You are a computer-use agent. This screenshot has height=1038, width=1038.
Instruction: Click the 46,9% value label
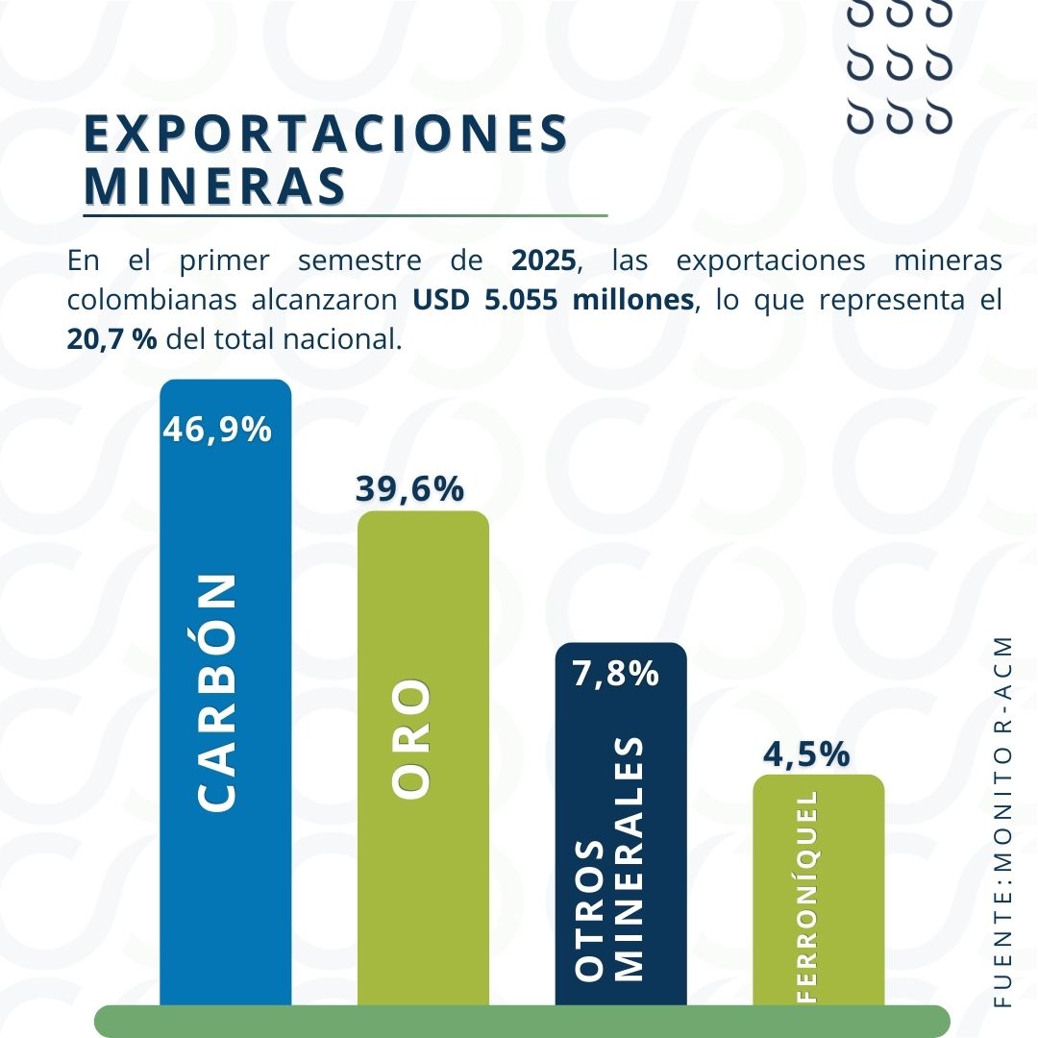(x=217, y=430)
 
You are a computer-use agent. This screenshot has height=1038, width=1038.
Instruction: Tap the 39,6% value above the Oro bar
(x=409, y=489)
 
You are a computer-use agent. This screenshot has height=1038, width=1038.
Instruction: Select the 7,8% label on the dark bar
(x=615, y=674)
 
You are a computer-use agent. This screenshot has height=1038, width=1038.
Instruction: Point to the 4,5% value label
(x=805, y=754)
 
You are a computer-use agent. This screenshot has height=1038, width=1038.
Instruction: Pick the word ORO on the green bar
(x=413, y=739)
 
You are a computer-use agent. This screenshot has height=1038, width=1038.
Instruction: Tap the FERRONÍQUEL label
(x=807, y=897)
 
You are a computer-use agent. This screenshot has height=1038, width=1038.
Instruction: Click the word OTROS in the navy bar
(x=590, y=911)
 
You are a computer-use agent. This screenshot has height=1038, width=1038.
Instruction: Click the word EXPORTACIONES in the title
(x=327, y=134)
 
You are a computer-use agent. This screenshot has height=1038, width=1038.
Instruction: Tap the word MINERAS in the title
(x=215, y=185)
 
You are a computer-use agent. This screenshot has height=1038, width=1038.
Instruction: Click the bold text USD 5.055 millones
(x=554, y=299)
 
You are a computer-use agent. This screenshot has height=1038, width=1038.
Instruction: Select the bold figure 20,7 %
(x=111, y=338)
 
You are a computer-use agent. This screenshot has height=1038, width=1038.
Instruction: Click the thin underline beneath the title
(x=346, y=215)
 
